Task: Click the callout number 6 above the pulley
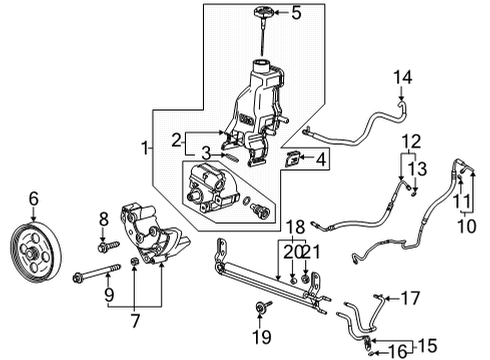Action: tap(34, 199)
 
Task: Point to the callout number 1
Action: tap(146, 148)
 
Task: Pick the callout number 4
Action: tap(319, 158)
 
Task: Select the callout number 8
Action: tap(103, 218)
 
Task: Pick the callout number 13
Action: tap(422, 166)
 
